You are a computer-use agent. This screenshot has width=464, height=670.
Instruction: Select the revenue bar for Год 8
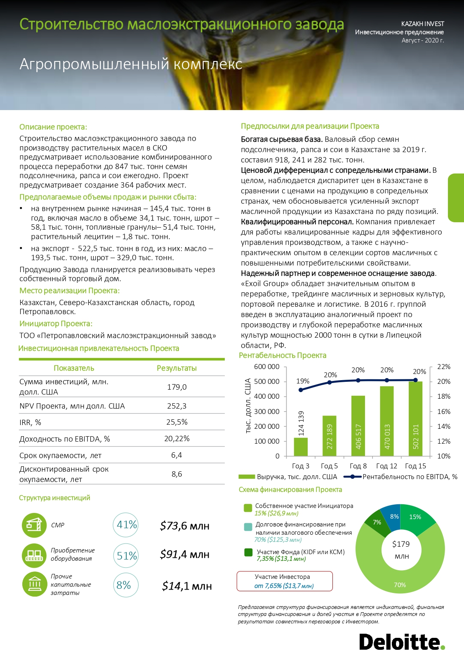coord(358,426)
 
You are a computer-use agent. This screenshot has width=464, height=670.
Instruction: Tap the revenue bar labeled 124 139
coord(301,447)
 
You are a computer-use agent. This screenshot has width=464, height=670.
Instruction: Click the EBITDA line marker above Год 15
coord(415,380)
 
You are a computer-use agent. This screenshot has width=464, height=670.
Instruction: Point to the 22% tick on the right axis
coord(443,367)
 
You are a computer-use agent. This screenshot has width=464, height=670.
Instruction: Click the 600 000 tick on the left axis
coord(266,367)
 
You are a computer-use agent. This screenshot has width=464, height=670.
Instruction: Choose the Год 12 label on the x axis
coord(386,466)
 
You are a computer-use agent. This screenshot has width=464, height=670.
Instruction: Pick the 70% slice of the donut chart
coord(400,577)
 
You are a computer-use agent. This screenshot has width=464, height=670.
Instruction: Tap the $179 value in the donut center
coord(401,544)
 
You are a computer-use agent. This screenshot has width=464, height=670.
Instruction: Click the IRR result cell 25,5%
coord(177,422)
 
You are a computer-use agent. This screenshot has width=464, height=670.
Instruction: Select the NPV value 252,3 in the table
coord(177,406)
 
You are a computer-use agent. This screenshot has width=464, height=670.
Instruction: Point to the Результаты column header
coord(177,368)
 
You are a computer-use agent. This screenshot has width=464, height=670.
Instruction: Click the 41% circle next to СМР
coord(125,525)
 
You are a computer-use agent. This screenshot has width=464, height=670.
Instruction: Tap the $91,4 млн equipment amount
coord(184,555)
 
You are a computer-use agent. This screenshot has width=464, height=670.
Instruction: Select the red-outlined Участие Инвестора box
coord(284,581)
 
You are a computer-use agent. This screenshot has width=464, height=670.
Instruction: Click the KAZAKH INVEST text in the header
coord(422,24)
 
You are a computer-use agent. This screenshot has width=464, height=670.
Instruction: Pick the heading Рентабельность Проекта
coord(283,355)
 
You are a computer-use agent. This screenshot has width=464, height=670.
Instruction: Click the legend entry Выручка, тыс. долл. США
coord(297,477)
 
